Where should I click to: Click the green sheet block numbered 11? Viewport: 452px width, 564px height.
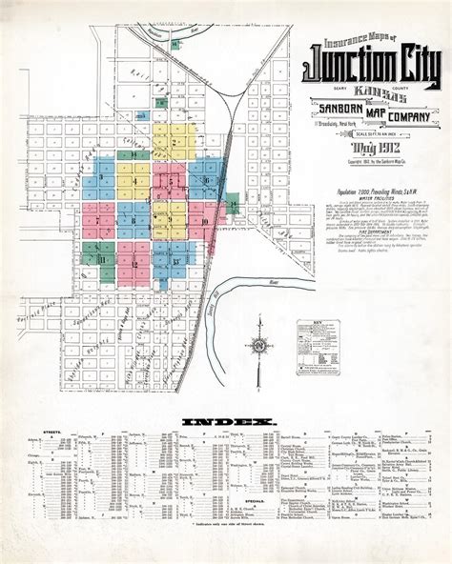100,258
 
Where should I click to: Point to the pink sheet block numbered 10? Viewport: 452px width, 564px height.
203,222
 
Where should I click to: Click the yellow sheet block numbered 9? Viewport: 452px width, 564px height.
170,220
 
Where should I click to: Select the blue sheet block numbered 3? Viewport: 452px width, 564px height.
101,178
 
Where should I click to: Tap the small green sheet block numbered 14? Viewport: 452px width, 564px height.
234,204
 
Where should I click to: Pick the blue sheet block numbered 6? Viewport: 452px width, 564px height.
206,179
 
